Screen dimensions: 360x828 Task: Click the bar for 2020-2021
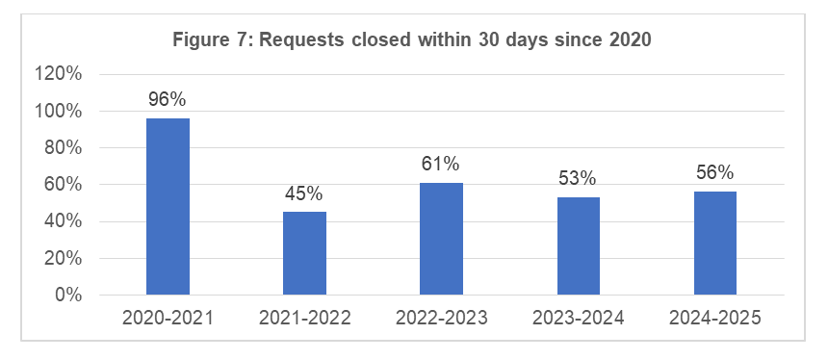[x=168, y=206]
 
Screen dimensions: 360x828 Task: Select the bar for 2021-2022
[x=304, y=252]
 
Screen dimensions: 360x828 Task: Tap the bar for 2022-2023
[x=441, y=238]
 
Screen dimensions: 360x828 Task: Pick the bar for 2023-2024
[x=578, y=245]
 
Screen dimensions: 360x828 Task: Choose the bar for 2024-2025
[x=715, y=243]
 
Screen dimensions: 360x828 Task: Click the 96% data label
[x=168, y=99]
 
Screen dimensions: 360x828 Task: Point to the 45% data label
[x=304, y=193]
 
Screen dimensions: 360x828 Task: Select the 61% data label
[x=441, y=164]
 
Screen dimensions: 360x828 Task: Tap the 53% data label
[x=578, y=178]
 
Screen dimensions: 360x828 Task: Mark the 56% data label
[x=715, y=173]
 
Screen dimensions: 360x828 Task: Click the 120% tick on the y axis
[x=61, y=75]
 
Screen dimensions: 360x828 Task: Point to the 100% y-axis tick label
[x=61, y=112]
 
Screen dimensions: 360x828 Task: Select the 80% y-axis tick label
[x=65, y=148]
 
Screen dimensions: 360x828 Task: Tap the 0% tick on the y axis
[x=68, y=295]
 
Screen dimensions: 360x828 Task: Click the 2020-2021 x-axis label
[x=168, y=319]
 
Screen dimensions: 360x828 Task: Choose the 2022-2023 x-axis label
[x=441, y=319]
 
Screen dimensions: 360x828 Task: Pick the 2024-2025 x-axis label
[x=715, y=319]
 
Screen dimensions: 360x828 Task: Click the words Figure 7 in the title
[x=203, y=40]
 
